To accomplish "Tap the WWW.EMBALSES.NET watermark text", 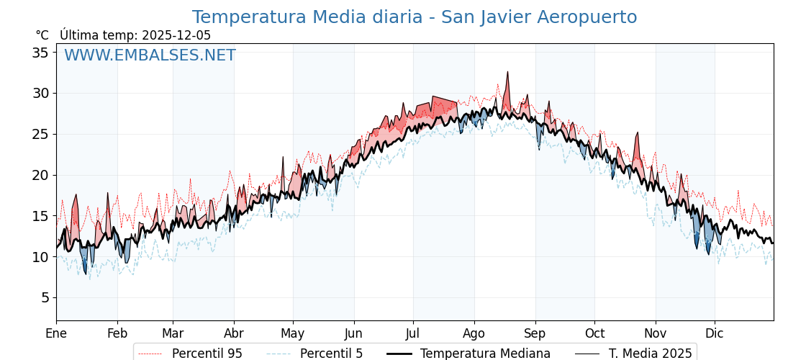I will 150,55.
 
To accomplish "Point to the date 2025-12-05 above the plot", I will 176,35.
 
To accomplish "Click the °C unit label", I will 42,35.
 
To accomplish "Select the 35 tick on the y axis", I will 40,53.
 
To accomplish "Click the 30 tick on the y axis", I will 40,94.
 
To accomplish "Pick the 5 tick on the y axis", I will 45,297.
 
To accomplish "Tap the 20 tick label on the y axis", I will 40,175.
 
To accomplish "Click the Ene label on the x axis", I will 56,333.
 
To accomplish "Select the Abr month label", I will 234,333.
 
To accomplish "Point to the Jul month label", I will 413,333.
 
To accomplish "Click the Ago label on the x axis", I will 474,333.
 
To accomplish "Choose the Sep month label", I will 535,333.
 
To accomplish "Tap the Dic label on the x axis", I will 715,333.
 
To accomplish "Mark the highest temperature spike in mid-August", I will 507,73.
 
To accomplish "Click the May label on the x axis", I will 293,333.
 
